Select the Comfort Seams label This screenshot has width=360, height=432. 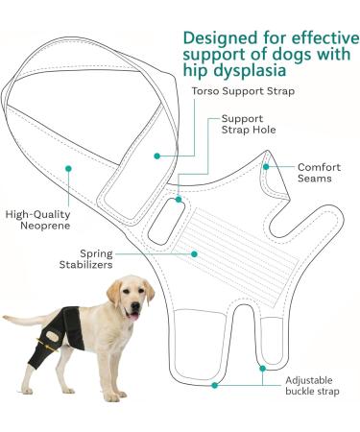pos(319,172)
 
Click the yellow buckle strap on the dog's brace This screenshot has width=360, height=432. pos(40,338)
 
